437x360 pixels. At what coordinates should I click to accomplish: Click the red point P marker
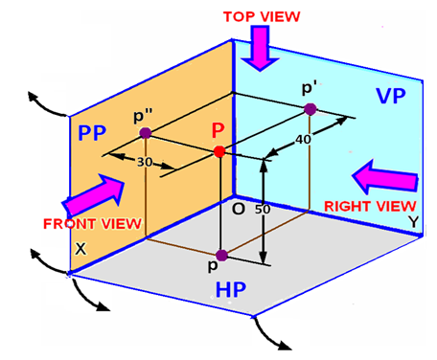tap(219, 151)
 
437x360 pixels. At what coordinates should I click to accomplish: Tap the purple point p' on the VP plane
tap(310, 109)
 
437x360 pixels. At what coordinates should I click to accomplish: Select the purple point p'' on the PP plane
tap(144, 133)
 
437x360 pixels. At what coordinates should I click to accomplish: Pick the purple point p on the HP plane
tap(221, 255)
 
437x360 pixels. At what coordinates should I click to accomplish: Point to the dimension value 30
tap(144, 162)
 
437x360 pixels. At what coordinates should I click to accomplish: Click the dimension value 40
tap(305, 140)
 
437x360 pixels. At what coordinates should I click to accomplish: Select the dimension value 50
tap(265, 209)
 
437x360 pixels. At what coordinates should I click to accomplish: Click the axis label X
tap(81, 246)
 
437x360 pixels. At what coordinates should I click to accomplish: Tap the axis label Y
tap(413, 220)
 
